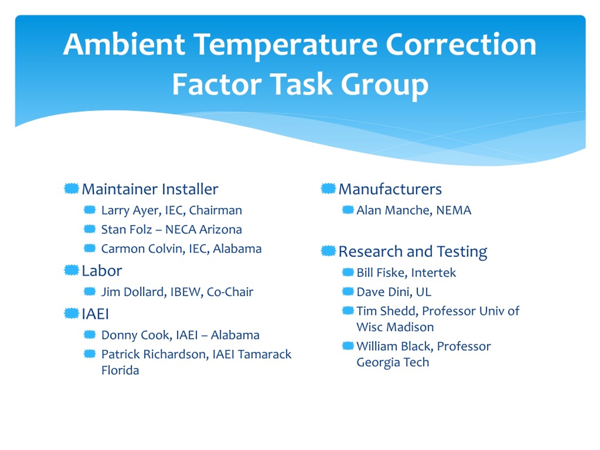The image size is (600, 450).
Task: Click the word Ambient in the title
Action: [124, 45]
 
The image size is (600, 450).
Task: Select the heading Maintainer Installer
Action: [150, 189]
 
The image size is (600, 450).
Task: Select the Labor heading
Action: [102, 271]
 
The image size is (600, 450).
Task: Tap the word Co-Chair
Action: [230, 292]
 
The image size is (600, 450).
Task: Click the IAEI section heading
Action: [95, 314]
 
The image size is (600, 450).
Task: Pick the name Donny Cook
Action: [137, 335]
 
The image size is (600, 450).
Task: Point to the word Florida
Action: [120, 371]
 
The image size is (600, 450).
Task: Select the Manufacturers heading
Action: [390, 189]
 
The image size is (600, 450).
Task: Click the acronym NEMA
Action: [454, 210]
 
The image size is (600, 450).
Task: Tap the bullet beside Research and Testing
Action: [328, 251]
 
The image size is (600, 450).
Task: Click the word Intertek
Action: [433, 273]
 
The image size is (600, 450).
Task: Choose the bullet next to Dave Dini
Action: [348, 292]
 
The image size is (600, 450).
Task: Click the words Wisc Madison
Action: [395, 327]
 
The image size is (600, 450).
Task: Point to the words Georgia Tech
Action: [393, 362]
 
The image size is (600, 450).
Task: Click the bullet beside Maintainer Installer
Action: [71, 188]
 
